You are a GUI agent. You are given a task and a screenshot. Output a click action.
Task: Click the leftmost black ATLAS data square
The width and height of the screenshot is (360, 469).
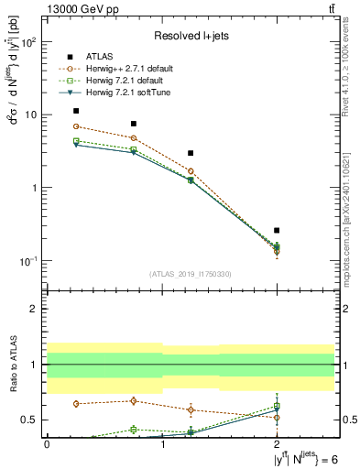coord(76,111)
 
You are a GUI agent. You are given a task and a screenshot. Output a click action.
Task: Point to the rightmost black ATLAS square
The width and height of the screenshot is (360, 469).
coord(277,230)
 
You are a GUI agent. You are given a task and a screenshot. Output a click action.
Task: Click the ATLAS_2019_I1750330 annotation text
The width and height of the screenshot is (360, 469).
coord(191,274)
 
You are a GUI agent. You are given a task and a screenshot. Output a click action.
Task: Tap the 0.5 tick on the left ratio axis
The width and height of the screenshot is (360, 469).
coord(29,420)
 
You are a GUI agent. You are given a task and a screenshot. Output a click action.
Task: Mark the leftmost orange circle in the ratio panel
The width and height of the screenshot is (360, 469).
coord(76,404)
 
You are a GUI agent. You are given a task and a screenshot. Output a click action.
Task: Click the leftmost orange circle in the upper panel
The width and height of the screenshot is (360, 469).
coord(76,126)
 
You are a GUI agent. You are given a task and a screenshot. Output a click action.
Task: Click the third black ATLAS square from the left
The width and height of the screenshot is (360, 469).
coord(191,153)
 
